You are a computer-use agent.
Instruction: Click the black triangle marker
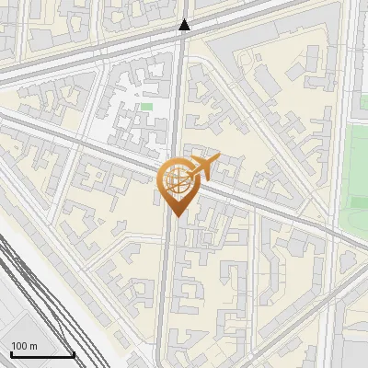point(185,25)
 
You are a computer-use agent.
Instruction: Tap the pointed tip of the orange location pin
point(176,216)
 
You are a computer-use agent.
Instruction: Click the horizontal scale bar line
point(42,354)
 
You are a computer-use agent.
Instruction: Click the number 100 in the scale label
point(19,346)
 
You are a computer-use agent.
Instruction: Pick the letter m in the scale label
point(33,346)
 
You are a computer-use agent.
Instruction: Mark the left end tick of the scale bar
point(11,352)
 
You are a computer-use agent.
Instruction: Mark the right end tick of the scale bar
point(74,352)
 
